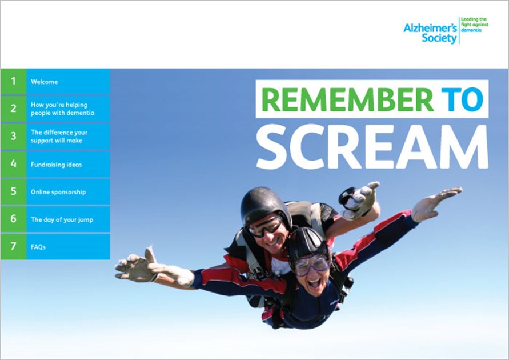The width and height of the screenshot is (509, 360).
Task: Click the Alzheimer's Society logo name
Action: coord(430,33)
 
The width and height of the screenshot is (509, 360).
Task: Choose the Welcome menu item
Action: coord(44,82)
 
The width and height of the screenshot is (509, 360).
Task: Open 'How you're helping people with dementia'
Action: coord(62,109)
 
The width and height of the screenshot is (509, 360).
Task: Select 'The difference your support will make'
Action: coord(59,137)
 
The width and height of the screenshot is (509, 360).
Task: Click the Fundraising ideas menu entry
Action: coord(56,165)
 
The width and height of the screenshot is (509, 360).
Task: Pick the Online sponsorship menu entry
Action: coord(58,192)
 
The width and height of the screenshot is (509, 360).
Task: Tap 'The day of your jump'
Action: coord(62,219)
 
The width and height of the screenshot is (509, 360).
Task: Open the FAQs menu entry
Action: coord(38,247)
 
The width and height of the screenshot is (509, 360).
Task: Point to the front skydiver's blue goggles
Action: coord(311,265)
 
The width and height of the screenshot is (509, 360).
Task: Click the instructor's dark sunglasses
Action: coord(265,226)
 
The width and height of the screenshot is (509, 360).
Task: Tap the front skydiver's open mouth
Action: coord(315,282)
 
